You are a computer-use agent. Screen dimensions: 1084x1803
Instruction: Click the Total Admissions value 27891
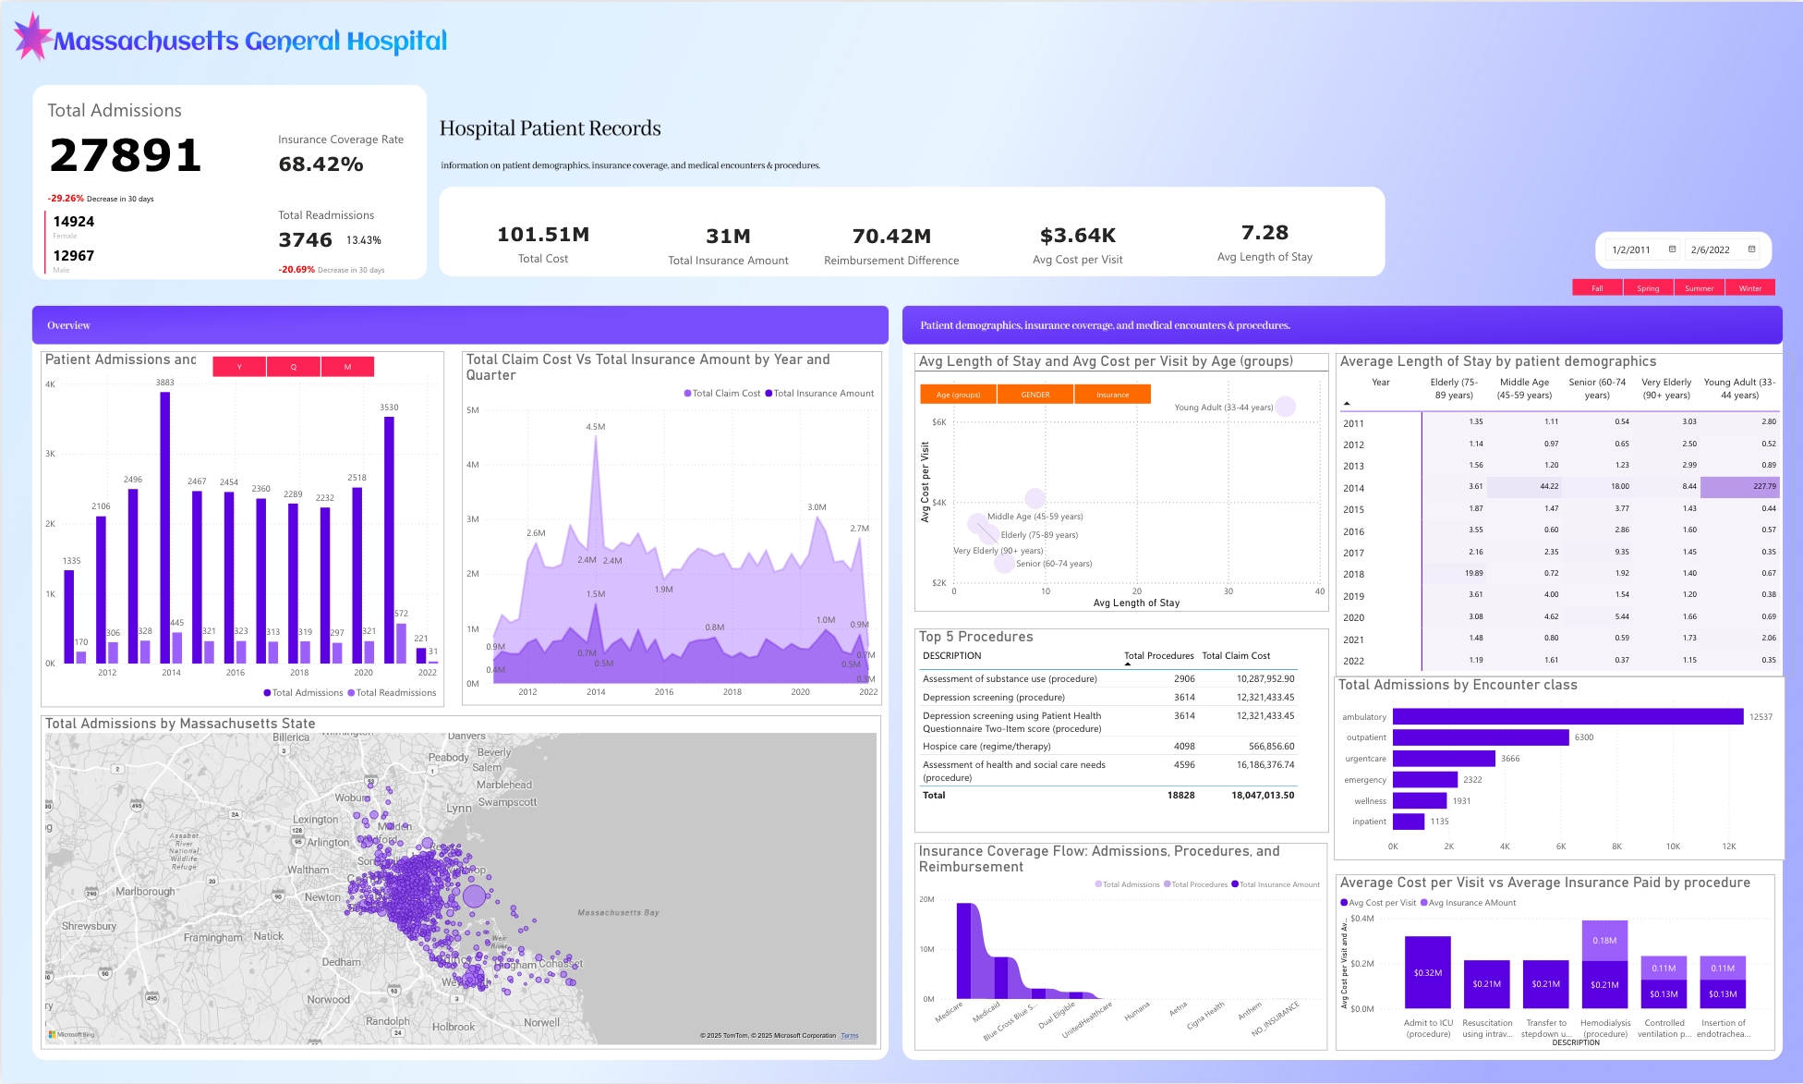pyautogui.click(x=126, y=155)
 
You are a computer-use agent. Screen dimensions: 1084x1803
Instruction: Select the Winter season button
pyautogui.click(x=1749, y=288)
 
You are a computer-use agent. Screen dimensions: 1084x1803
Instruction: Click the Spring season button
pyautogui.click(x=1648, y=288)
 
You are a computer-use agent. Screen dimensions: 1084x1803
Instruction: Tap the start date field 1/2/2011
pyautogui.click(x=1631, y=250)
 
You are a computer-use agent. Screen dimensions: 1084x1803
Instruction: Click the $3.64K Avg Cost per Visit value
pyautogui.click(x=1077, y=236)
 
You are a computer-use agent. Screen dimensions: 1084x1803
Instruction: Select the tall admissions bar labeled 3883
pyautogui.click(x=165, y=527)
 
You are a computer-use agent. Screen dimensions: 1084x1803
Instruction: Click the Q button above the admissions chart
pyautogui.click(x=294, y=367)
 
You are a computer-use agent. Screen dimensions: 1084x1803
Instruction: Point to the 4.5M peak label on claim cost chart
pyautogui.click(x=596, y=427)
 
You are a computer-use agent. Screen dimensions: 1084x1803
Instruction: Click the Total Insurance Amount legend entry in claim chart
pyautogui.click(x=819, y=394)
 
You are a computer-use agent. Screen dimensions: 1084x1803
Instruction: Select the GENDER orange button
pyautogui.click(x=1035, y=395)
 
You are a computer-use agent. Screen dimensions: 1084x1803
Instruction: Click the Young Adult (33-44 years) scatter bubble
pyautogui.click(x=1285, y=407)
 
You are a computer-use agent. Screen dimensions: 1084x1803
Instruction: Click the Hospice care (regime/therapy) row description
pyautogui.click(x=986, y=747)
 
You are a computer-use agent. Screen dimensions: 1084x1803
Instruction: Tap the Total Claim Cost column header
pyautogui.click(x=1236, y=656)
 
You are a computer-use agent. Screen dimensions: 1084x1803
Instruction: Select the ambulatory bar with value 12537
pyautogui.click(x=1567, y=717)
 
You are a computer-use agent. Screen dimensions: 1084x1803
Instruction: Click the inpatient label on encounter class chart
pyautogui.click(x=1369, y=822)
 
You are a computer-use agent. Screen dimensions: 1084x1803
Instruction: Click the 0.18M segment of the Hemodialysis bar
pyautogui.click(x=1604, y=941)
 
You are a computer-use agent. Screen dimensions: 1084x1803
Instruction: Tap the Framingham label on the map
pyautogui.click(x=212, y=938)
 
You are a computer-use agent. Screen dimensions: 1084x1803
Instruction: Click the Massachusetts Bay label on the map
pyautogui.click(x=618, y=913)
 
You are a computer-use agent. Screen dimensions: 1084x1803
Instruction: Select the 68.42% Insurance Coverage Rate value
pyautogui.click(x=321, y=164)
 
